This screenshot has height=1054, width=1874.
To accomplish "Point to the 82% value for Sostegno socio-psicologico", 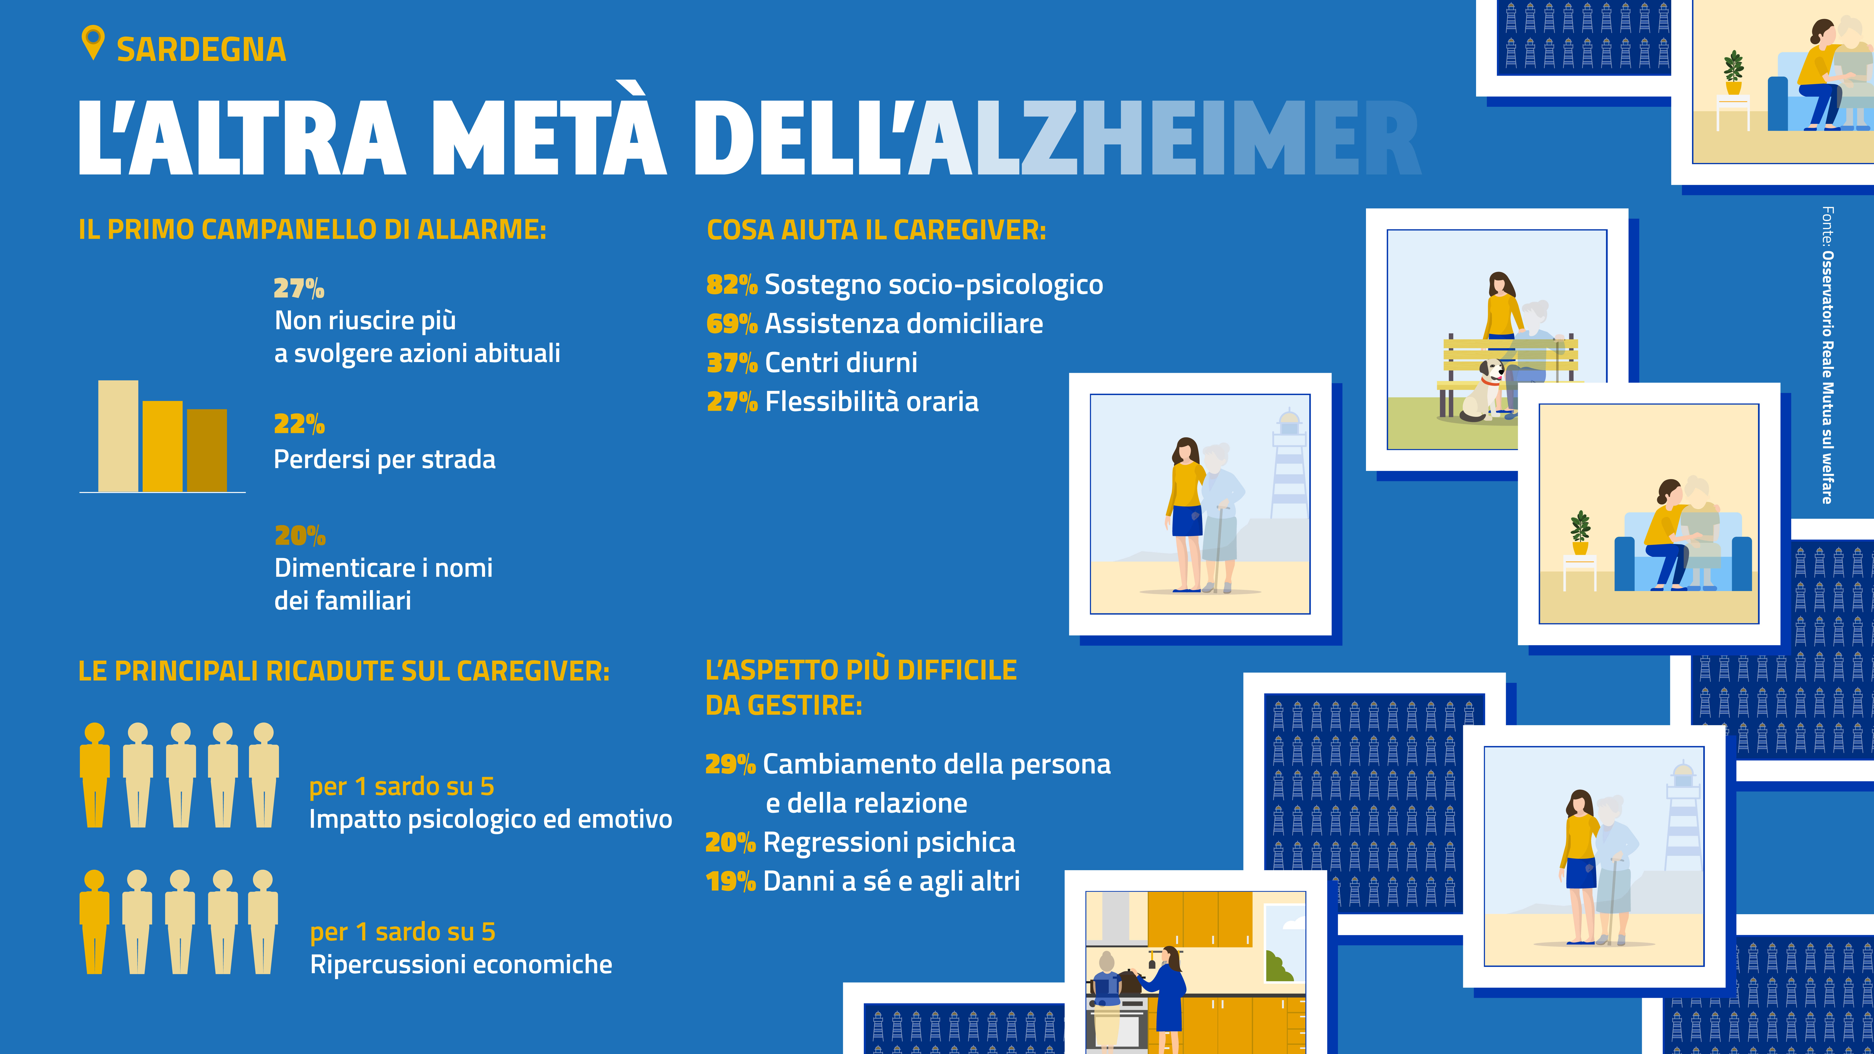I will pos(731,285).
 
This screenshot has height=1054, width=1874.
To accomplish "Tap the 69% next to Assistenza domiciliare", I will pos(731,324).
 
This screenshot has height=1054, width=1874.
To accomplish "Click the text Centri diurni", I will pos(841,362).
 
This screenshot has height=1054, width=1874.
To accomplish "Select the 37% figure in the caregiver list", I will pos(731,362).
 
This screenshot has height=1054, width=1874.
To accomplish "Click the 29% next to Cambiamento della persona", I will pos(730,765).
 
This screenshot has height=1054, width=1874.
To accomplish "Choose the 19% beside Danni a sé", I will pos(730,882).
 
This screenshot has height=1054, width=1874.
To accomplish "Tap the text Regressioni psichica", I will pos(889,842).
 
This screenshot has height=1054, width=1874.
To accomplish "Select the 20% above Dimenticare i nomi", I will pos(300,535).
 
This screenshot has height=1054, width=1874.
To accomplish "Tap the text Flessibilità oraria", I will pos(872,402).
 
